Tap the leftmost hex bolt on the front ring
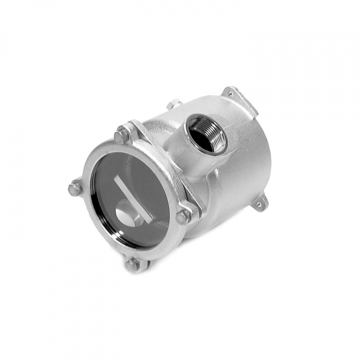[x=75, y=188]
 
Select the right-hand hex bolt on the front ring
[x=183, y=216]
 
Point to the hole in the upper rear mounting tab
[x=231, y=92]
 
